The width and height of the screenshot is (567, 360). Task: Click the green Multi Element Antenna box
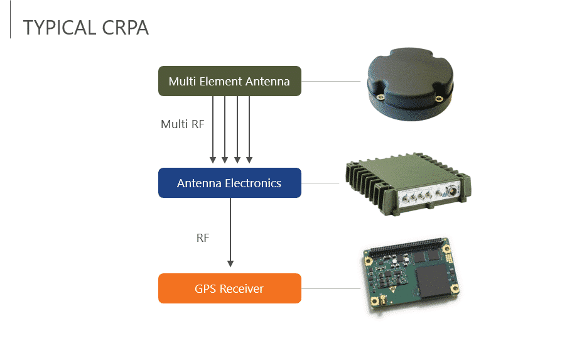pos(229,81)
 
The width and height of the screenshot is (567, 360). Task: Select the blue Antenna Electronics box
pos(229,183)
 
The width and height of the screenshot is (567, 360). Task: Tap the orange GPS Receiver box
pos(229,288)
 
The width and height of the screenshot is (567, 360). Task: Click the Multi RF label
pos(182,124)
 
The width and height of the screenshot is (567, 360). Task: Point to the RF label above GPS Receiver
pos(203,238)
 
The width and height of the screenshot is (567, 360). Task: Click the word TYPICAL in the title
pos(58,28)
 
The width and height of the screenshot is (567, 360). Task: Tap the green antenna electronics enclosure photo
pos(406,185)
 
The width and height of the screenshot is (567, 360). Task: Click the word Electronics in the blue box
pos(253,183)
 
